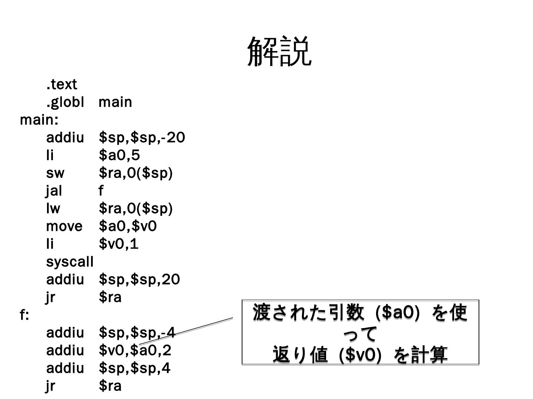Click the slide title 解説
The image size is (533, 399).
(x=279, y=51)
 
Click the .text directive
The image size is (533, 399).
(x=61, y=85)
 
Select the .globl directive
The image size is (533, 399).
(x=65, y=102)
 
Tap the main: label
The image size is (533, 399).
(x=39, y=120)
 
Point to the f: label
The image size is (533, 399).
(x=24, y=315)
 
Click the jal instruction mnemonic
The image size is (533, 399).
(x=54, y=191)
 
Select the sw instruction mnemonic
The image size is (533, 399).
(x=55, y=173)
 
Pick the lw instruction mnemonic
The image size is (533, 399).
(x=53, y=209)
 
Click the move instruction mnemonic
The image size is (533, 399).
(x=64, y=226)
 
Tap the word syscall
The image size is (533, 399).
(x=70, y=262)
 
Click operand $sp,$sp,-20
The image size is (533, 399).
(x=142, y=138)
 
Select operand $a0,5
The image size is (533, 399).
(x=119, y=156)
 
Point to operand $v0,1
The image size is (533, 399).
(x=118, y=244)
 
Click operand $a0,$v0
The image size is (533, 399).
(x=128, y=226)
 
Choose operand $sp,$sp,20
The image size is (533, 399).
(x=139, y=280)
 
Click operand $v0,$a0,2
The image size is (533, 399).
(x=135, y=351)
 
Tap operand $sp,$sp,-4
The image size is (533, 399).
(x=137, y=333)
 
